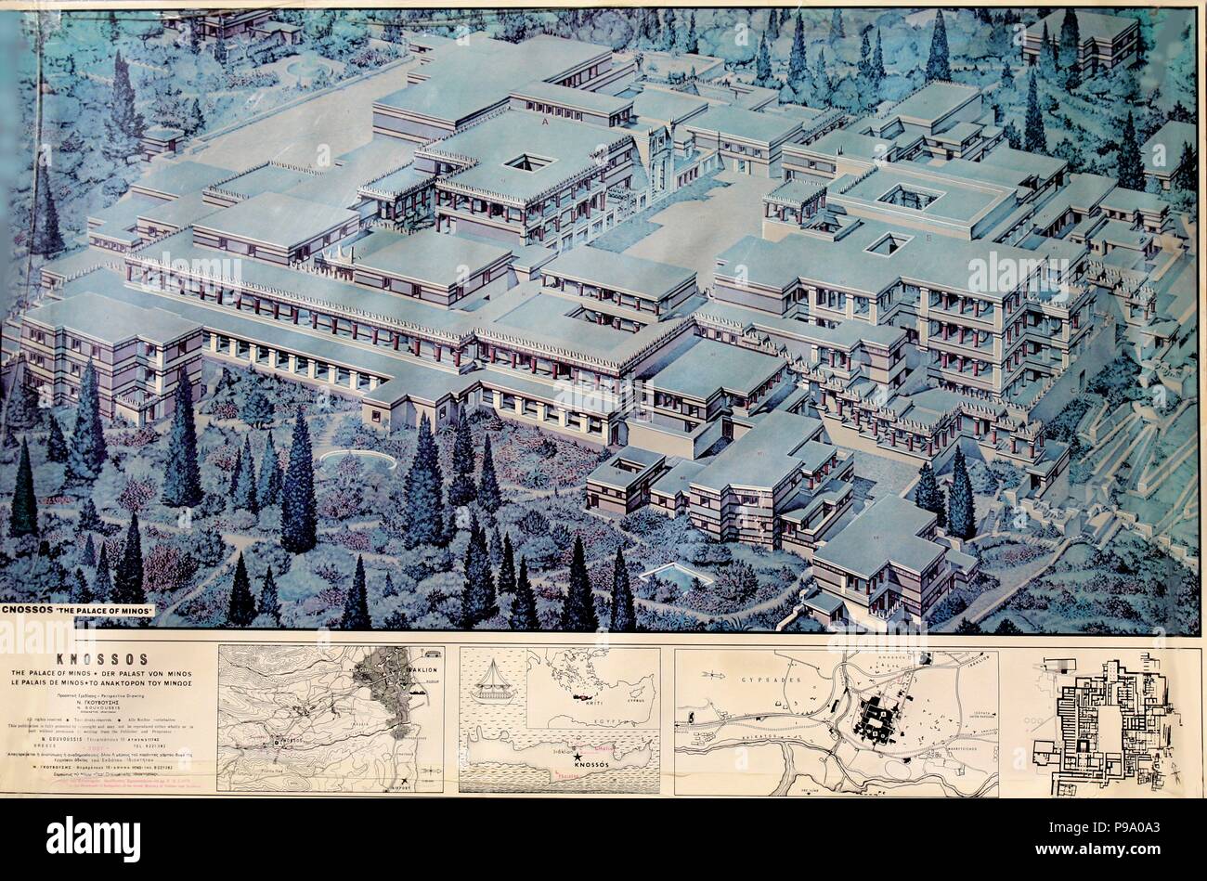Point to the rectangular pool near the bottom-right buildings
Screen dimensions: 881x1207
(x=676, y=574)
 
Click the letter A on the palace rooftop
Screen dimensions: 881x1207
(x=544, y=122)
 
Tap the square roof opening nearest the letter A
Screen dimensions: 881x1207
(x=528, y=162)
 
